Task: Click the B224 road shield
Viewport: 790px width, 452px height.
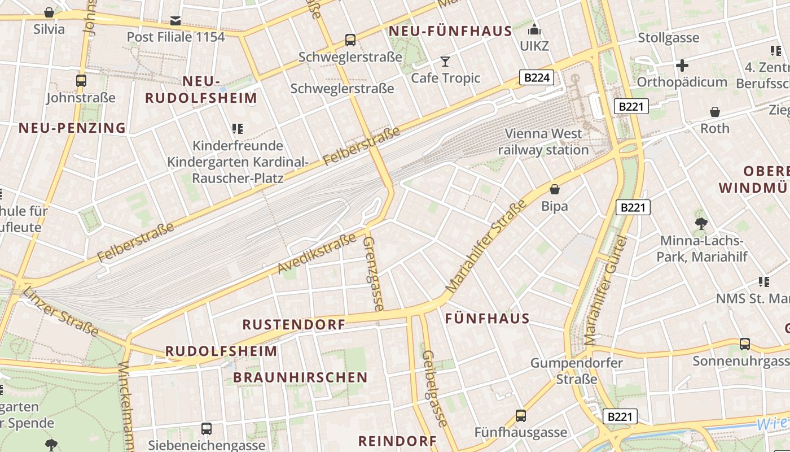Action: click(536, 77)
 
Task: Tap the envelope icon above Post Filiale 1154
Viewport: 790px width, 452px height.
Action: click(175, 21)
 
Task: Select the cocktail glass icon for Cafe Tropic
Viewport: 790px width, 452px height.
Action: click(445, 61)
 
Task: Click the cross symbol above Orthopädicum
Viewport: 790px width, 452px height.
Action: click(682, 66)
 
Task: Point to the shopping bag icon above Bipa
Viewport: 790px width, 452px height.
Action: click(555, 189)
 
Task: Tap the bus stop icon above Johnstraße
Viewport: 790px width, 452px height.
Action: click(81, 81)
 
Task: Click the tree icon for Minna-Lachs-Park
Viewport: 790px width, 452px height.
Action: click(701, 224)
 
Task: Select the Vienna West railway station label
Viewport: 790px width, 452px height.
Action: click(543, 142)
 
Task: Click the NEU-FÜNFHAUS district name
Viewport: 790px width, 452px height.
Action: click(450, 31)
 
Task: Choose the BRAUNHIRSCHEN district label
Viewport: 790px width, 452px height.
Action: click(300, 377)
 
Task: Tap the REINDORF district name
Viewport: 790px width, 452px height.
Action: click(397, 441)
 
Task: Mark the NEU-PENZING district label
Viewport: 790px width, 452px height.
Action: click(72, 128)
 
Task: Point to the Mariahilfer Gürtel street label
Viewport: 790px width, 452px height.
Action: click(605, 291)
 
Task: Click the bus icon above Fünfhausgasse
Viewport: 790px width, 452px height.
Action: click(520, 416)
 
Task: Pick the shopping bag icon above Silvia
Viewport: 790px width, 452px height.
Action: click(49, 12)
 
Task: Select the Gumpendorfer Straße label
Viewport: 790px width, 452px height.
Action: click(576, 371)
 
